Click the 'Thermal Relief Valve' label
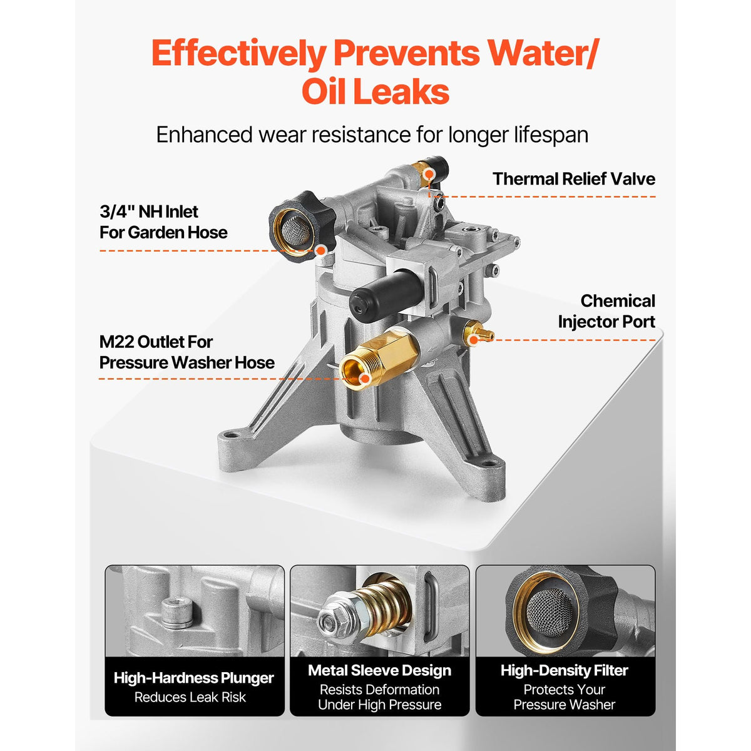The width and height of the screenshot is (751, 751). pos(574,179)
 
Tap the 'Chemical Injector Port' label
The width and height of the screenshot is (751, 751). pos(606,312)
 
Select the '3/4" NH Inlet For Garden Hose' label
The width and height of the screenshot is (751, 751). pos(163,222)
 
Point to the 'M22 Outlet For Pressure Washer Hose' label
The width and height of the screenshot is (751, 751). pos(187,352)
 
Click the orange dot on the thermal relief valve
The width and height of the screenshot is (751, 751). pos(429,175)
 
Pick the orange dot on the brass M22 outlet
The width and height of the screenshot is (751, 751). pos(365,379)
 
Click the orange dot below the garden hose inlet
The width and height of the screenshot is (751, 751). pos(320,251)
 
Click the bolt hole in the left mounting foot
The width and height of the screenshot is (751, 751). pos(233,434)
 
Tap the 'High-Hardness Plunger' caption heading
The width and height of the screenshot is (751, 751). pos(193,678)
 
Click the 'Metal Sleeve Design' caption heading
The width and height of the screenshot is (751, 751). pos(380,670)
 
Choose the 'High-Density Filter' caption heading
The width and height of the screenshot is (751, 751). pos(565,670)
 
